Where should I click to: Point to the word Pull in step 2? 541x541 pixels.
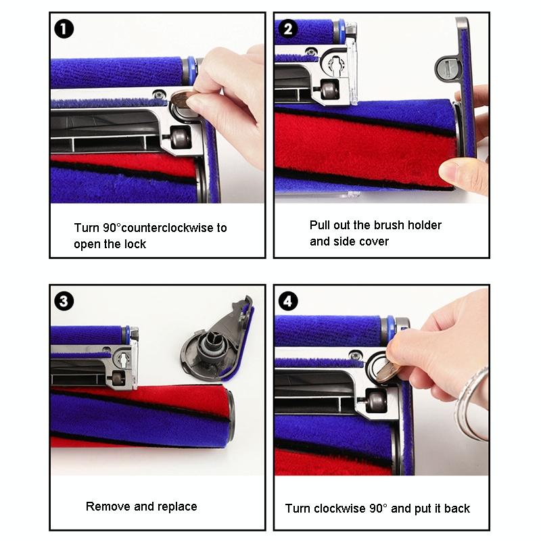321,225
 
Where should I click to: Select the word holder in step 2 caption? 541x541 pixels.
424,225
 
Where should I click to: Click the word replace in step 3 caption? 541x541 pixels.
177,507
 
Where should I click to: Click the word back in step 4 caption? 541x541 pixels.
456,508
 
